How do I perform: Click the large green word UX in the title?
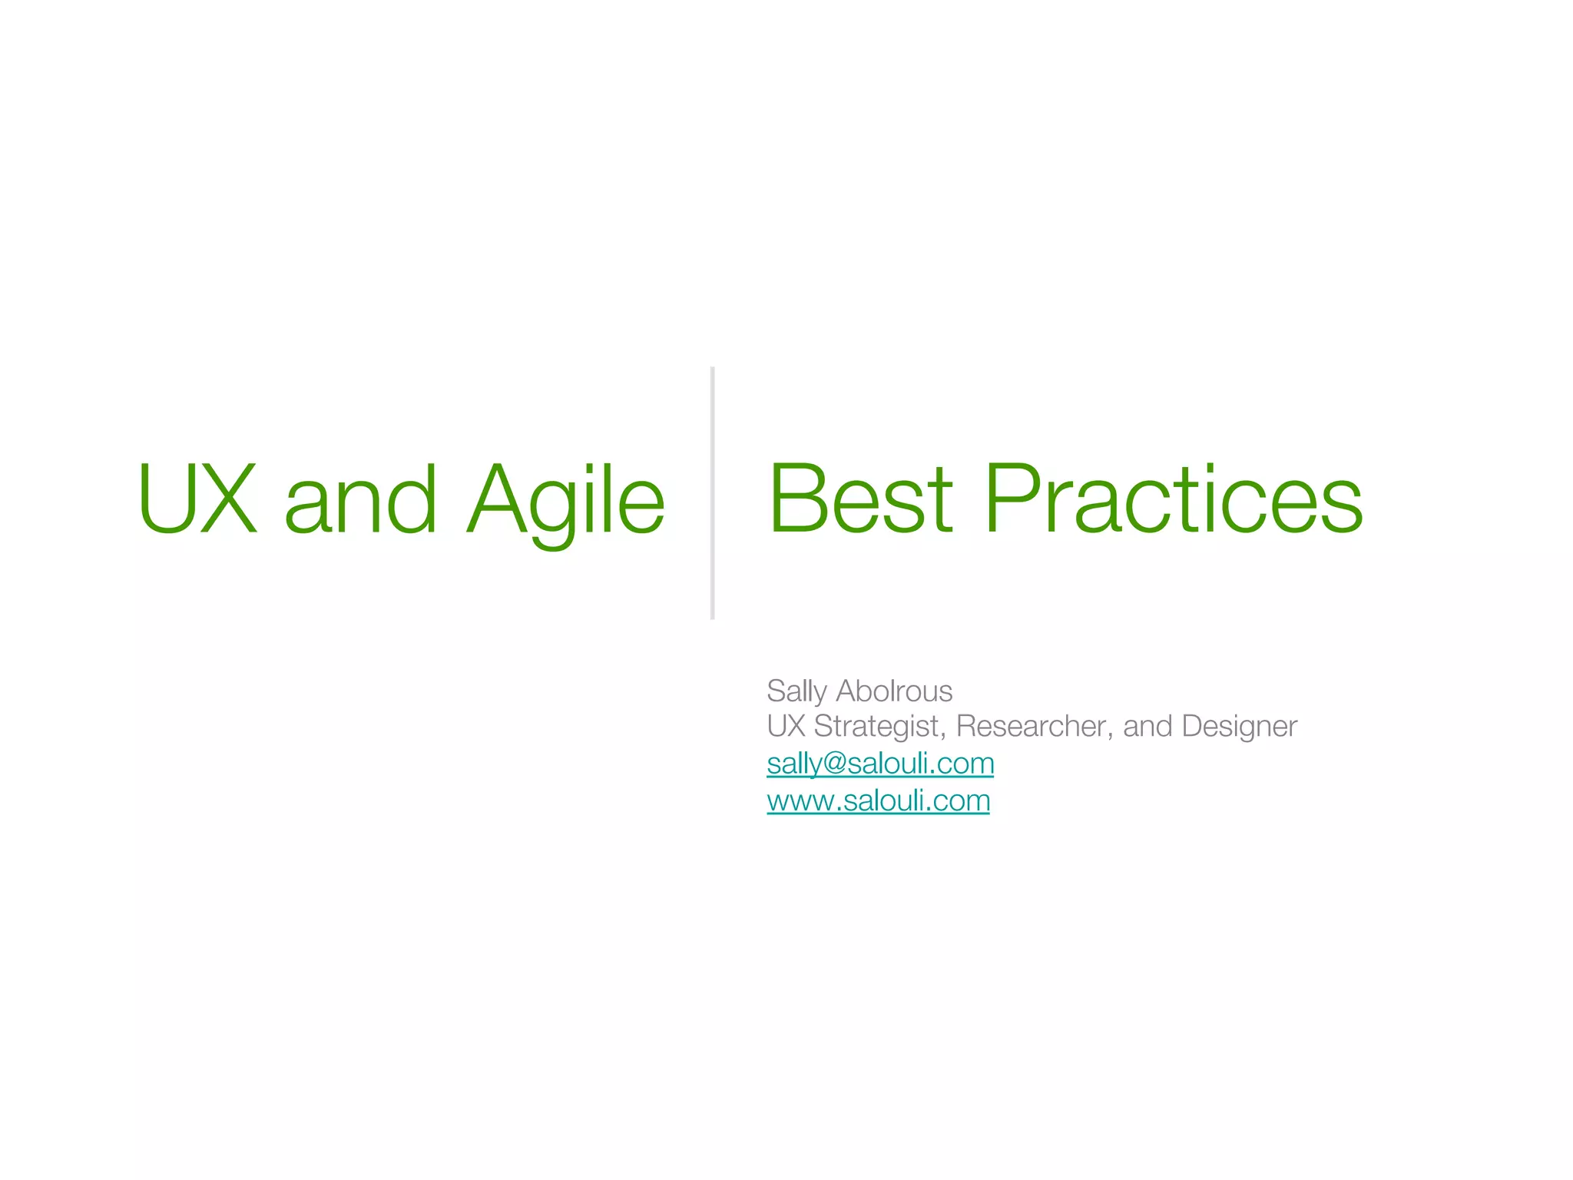point(197,499)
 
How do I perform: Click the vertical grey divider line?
point(713,492)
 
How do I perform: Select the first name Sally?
point(796,691)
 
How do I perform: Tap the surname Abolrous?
point(894,691)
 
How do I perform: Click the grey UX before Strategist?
point(785,726)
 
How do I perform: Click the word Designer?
point(1239,727)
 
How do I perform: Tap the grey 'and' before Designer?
point(1147,726)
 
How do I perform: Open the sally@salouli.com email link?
point(880,764)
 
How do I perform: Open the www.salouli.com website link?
point(878,801)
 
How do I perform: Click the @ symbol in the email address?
point(834,764)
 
